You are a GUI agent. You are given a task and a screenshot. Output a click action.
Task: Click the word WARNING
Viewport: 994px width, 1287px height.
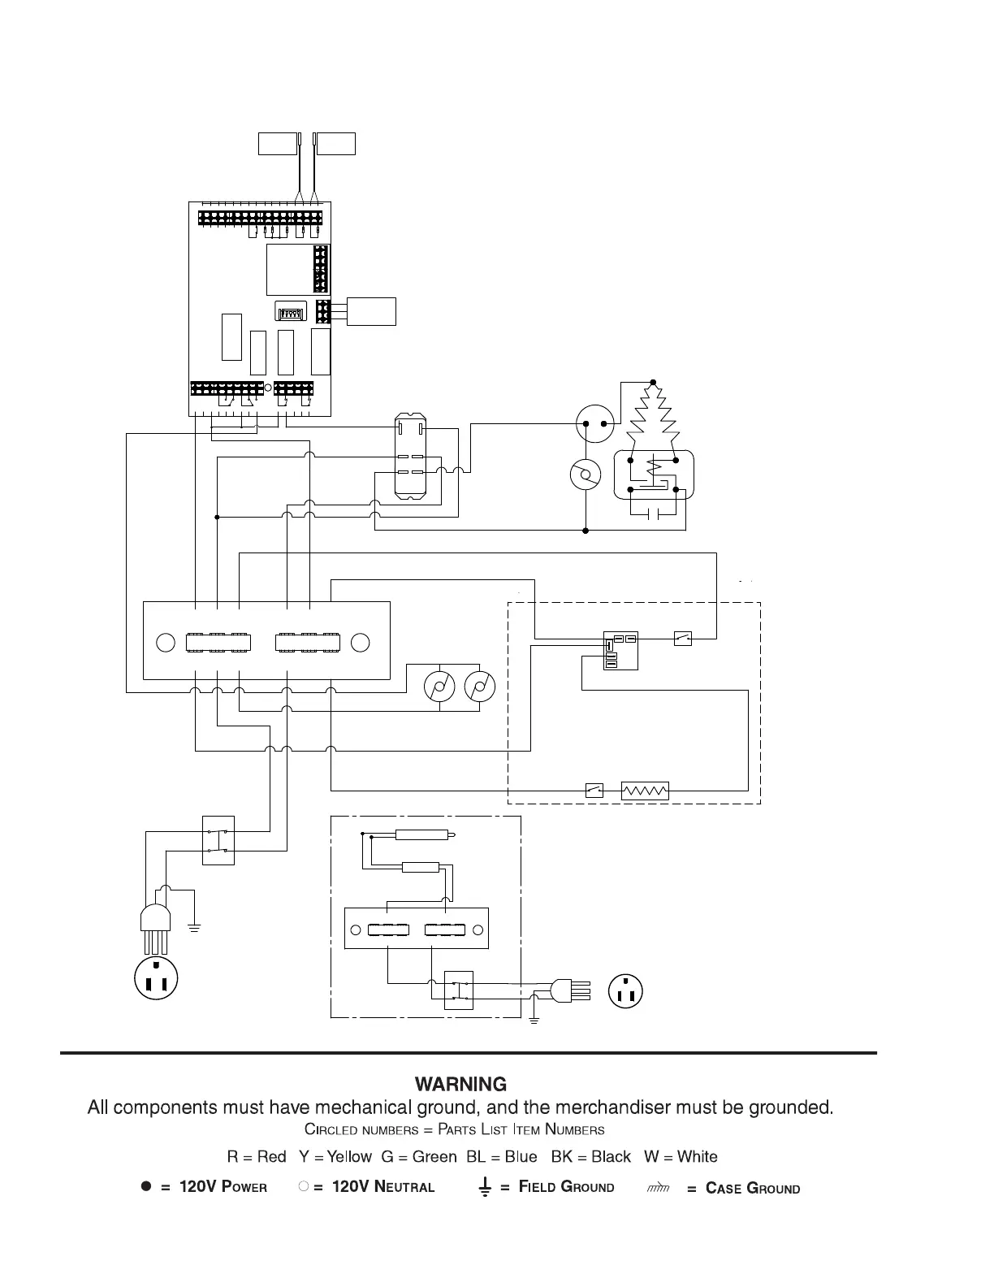(x=460, y=1084)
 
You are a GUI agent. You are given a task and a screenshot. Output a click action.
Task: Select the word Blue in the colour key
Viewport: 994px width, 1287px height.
(x=521, y=1156)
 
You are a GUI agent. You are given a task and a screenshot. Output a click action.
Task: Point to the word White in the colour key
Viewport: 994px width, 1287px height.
(x=697, y=1156)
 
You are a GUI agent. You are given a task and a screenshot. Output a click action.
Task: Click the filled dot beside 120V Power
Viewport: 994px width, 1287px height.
(x=146, y=1186)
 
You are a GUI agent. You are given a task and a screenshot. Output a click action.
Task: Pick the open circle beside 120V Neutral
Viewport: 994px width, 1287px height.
(x=303, y=1186)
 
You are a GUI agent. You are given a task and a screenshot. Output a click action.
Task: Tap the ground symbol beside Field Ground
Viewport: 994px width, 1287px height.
(x=485, y=1188)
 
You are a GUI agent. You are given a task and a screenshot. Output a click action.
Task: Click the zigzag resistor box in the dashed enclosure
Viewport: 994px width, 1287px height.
(x=645, y=790)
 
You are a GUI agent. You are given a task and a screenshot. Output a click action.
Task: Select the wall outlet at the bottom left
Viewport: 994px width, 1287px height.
(x=155, y=978)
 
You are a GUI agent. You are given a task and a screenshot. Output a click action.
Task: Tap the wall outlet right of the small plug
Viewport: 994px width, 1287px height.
(x=625, y=990)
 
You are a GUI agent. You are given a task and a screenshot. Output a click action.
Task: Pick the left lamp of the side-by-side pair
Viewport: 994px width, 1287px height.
(x=439, y=687)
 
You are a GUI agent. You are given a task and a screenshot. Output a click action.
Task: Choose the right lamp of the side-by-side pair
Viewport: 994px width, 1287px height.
(x=480, y=687)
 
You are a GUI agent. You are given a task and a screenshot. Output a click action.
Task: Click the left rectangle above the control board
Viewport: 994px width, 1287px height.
(x=278, y=143)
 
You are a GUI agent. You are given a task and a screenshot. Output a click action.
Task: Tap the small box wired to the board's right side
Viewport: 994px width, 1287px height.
(x=371, y=312)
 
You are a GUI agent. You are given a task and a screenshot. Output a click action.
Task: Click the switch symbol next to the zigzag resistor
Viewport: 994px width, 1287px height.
(x=594, y=790)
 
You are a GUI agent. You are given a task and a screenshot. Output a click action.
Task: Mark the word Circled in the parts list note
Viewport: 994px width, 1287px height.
(x=331, y=1129)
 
